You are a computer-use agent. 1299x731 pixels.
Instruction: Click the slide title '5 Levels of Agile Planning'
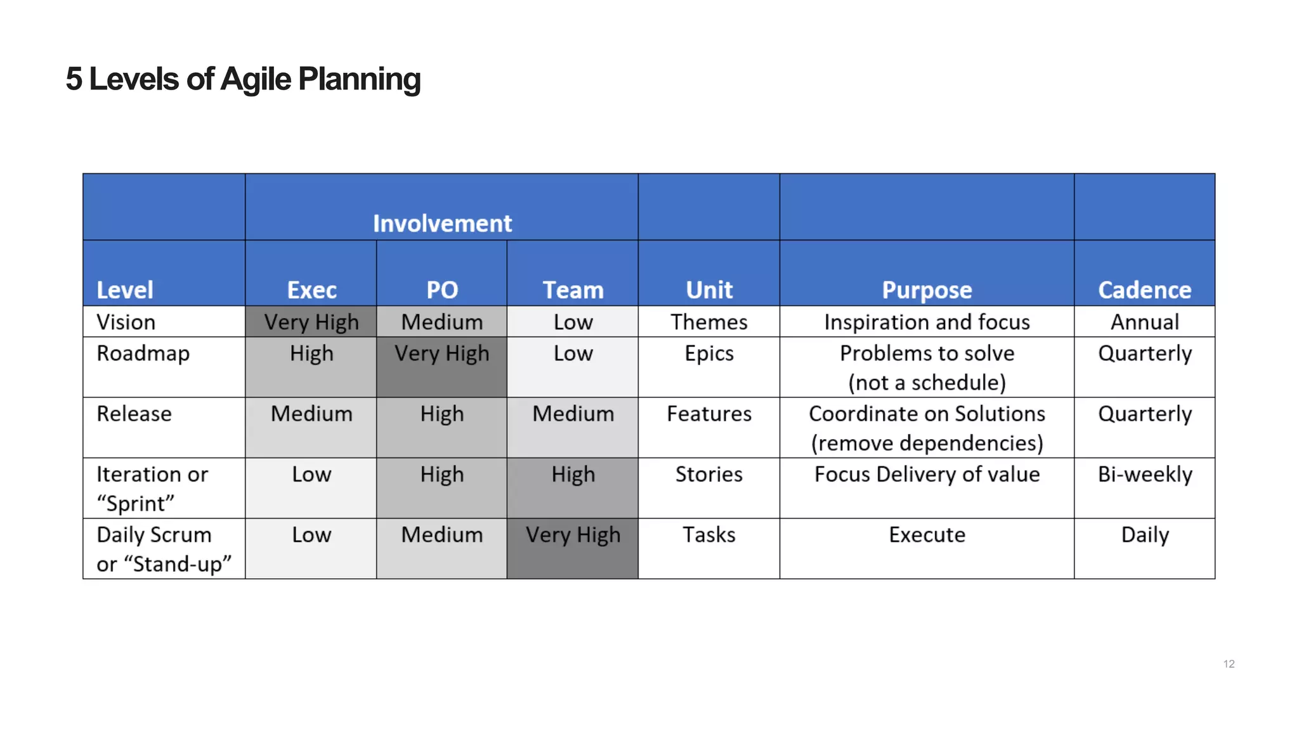(243, 79)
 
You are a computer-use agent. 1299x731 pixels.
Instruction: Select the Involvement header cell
(441, 223)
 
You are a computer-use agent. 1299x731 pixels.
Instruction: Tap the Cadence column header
(1144, 289)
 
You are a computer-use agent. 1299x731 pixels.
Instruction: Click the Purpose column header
(927, 289)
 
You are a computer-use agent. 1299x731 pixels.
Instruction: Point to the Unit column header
(708, 289)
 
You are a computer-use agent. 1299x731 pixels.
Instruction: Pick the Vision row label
(126, 322)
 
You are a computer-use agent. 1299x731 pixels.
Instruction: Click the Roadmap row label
(143, 353)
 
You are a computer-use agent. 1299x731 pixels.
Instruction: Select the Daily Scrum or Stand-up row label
(163, 549)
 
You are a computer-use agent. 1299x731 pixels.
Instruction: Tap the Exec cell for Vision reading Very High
(311, 322)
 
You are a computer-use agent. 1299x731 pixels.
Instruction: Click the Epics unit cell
(708, 353)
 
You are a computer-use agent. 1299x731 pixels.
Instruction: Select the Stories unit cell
(708, 475)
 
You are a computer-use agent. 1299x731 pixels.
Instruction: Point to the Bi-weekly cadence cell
(1144, 475)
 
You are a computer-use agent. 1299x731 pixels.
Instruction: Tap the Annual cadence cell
(1144, 322)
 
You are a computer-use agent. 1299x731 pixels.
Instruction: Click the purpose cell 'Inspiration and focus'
(927, 322)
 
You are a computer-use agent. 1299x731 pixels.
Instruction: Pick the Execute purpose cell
(927, 535)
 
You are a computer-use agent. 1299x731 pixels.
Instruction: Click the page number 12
(1229, 664)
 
